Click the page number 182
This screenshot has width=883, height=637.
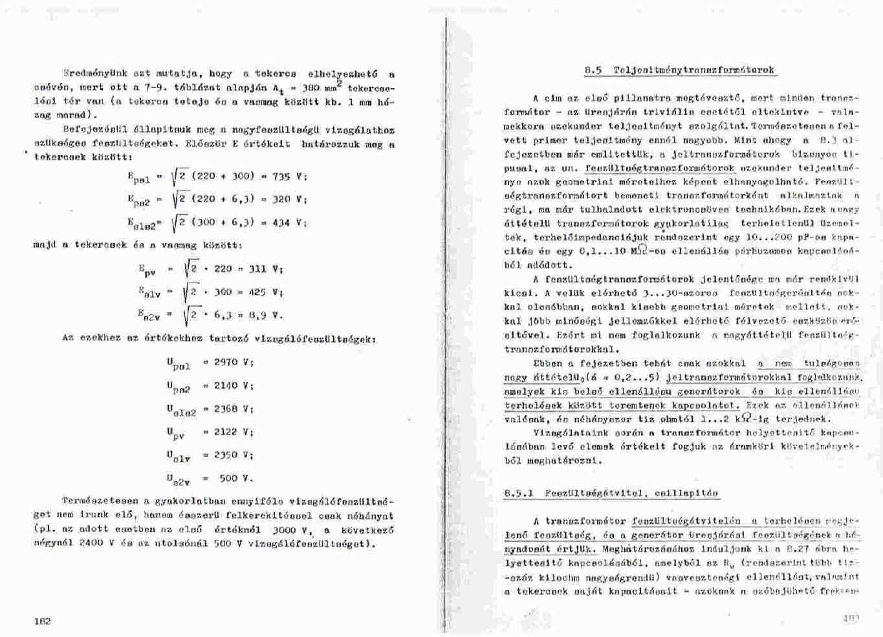pos(42,621)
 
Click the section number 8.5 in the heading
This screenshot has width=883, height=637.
pos(593,70)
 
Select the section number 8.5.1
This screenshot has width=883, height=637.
pos(519,493)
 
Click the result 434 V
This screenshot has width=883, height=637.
pos(289,222)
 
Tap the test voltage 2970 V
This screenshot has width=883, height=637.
pos(234,362)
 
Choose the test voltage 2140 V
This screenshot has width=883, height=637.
pos(234,385)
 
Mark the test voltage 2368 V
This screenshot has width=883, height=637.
pos(234,409)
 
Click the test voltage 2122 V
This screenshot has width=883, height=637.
pos(234,431)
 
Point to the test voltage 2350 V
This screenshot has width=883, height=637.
pos(234,455)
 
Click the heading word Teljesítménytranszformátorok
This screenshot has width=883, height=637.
pos(693,70)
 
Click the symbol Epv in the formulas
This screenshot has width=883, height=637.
pos(147,270)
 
